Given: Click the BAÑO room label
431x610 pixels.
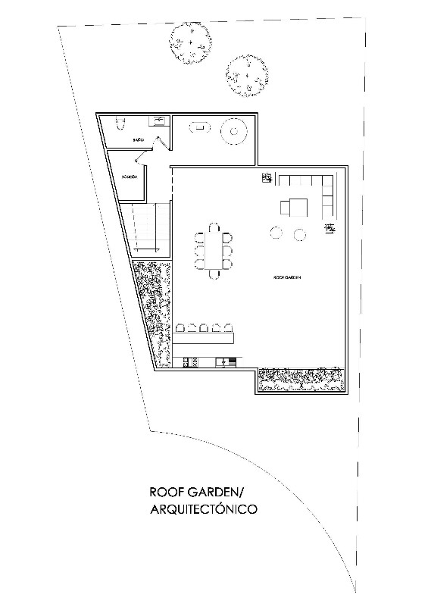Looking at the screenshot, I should click(138, 140).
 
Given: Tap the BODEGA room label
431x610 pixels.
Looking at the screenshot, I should click(129, 177).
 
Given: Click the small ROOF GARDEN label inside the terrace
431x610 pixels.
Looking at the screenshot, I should click(287, 278).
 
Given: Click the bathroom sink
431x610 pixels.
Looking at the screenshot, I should click(159, 120).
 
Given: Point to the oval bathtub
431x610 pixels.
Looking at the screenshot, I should click(199, 128).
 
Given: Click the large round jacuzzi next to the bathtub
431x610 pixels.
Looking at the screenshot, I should click(233, 132).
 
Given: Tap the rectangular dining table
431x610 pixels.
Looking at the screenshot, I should click(213, 247).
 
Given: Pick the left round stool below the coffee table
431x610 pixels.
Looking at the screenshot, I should click(276, 233).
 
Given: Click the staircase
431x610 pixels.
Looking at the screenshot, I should click(145, 227).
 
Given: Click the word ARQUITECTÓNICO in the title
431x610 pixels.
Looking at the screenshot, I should click(204, 510).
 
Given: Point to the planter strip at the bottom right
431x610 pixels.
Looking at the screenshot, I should click(301, 379).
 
